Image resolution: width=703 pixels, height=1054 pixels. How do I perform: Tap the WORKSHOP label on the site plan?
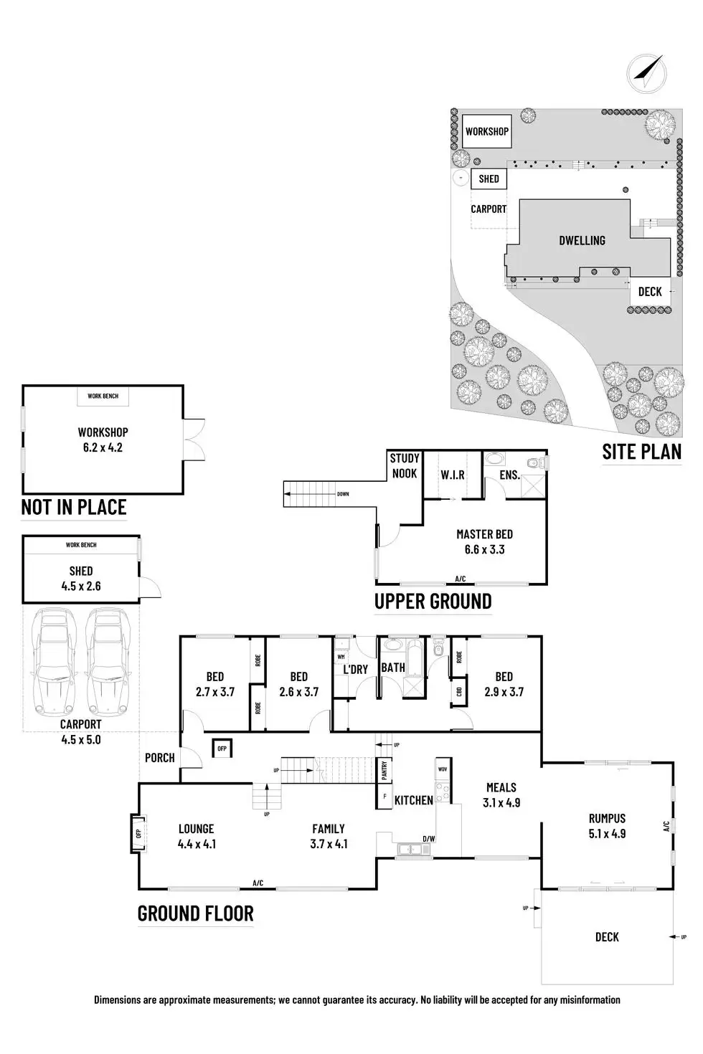[x=486, y=131]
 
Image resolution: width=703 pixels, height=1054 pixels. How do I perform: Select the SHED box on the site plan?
[x=489, y=179]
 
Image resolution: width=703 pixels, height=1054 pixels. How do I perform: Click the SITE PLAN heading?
[x=641, y=452]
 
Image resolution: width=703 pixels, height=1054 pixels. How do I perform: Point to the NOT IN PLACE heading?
[x=74, y=508]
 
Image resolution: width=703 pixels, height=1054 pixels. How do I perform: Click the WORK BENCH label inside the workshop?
[x=103, y=396]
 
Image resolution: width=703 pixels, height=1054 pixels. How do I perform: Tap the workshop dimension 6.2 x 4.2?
[x=103, y=447]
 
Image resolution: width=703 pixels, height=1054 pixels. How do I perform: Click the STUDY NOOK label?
[x=405, y=465]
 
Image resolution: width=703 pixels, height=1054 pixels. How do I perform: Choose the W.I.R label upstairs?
[x=453, y=475]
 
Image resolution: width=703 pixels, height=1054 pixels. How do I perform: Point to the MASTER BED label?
[x=484, y=534]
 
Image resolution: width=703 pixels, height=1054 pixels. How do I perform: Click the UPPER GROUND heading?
[x=433, y=602]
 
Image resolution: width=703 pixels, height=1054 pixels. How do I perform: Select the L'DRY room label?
[x=355, y=669]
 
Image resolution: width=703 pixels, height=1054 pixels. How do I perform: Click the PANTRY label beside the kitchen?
[x=384, y=770]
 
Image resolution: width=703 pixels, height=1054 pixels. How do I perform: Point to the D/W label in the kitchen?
[x=428, y=838]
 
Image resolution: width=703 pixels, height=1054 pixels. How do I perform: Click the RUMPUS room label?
[x=607, y=818]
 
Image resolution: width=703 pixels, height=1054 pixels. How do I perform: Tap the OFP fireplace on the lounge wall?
[x=138, y=833]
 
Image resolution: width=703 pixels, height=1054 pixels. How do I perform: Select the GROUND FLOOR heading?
[x=195, y=913]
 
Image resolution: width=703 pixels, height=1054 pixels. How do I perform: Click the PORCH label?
[x=159, y=757]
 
